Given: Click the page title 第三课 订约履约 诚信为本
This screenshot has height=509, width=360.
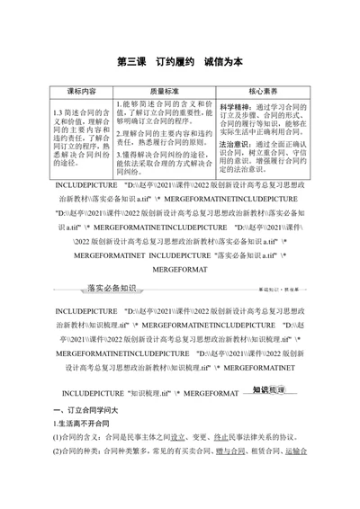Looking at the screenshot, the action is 179,63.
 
